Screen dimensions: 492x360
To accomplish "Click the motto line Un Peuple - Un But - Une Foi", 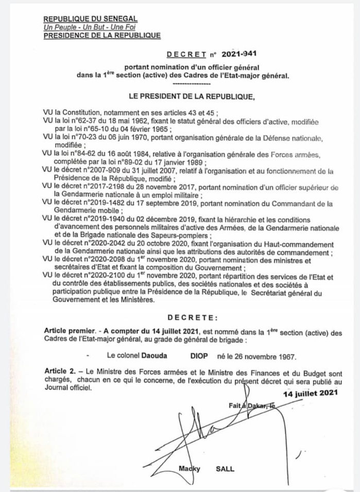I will pyautogui.click(x=82, y=27).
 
